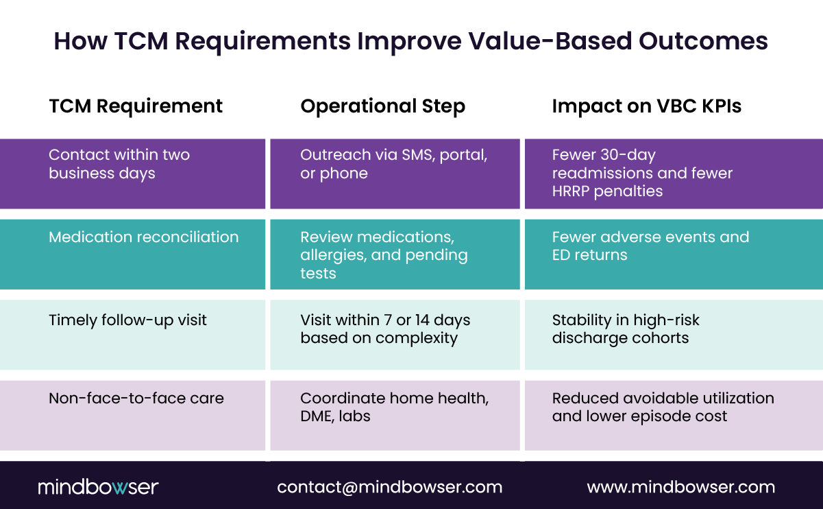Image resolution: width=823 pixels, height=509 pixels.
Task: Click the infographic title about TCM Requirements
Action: pyautogui.click(x=410, y=41)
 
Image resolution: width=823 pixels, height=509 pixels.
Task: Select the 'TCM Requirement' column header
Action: pyautogui.click(x=136, y=106)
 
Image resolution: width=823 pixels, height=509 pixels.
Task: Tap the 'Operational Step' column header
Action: pyautogui.click(x=382, y=106)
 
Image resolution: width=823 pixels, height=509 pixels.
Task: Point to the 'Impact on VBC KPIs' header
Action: pyautogui.click(x=646, y=106)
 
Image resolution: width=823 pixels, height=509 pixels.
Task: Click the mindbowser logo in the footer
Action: pyautogui.click(x=98, y=487)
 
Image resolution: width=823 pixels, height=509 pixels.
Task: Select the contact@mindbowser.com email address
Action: pyautogui.click(x=389, y=487)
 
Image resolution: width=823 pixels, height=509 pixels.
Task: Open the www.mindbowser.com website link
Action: pyautogui.click(x=680, y=487)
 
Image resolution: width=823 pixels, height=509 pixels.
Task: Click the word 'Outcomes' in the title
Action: pyautogui.click(x=703, y=41)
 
